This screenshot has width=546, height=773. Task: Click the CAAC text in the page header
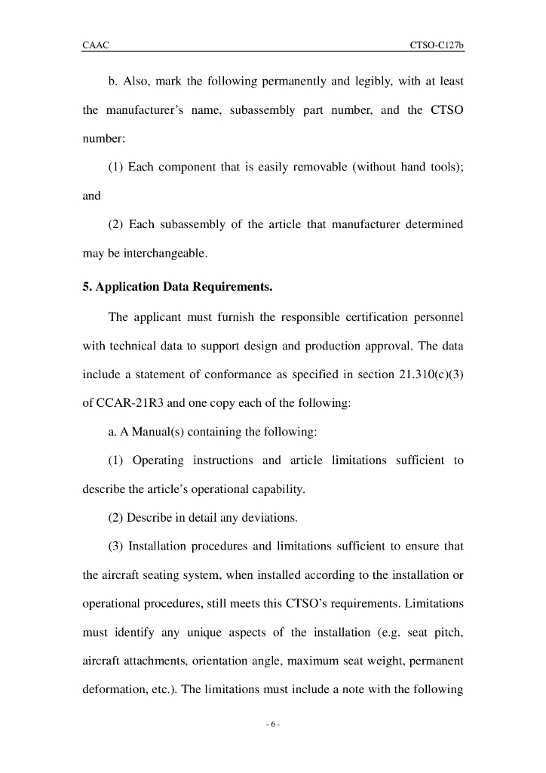point(96,46)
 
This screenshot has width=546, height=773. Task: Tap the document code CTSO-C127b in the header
point(436,46)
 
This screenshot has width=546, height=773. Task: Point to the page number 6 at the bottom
point(273,725)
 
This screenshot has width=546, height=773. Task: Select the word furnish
point(235,317)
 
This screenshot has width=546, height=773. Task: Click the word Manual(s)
point(153,432)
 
